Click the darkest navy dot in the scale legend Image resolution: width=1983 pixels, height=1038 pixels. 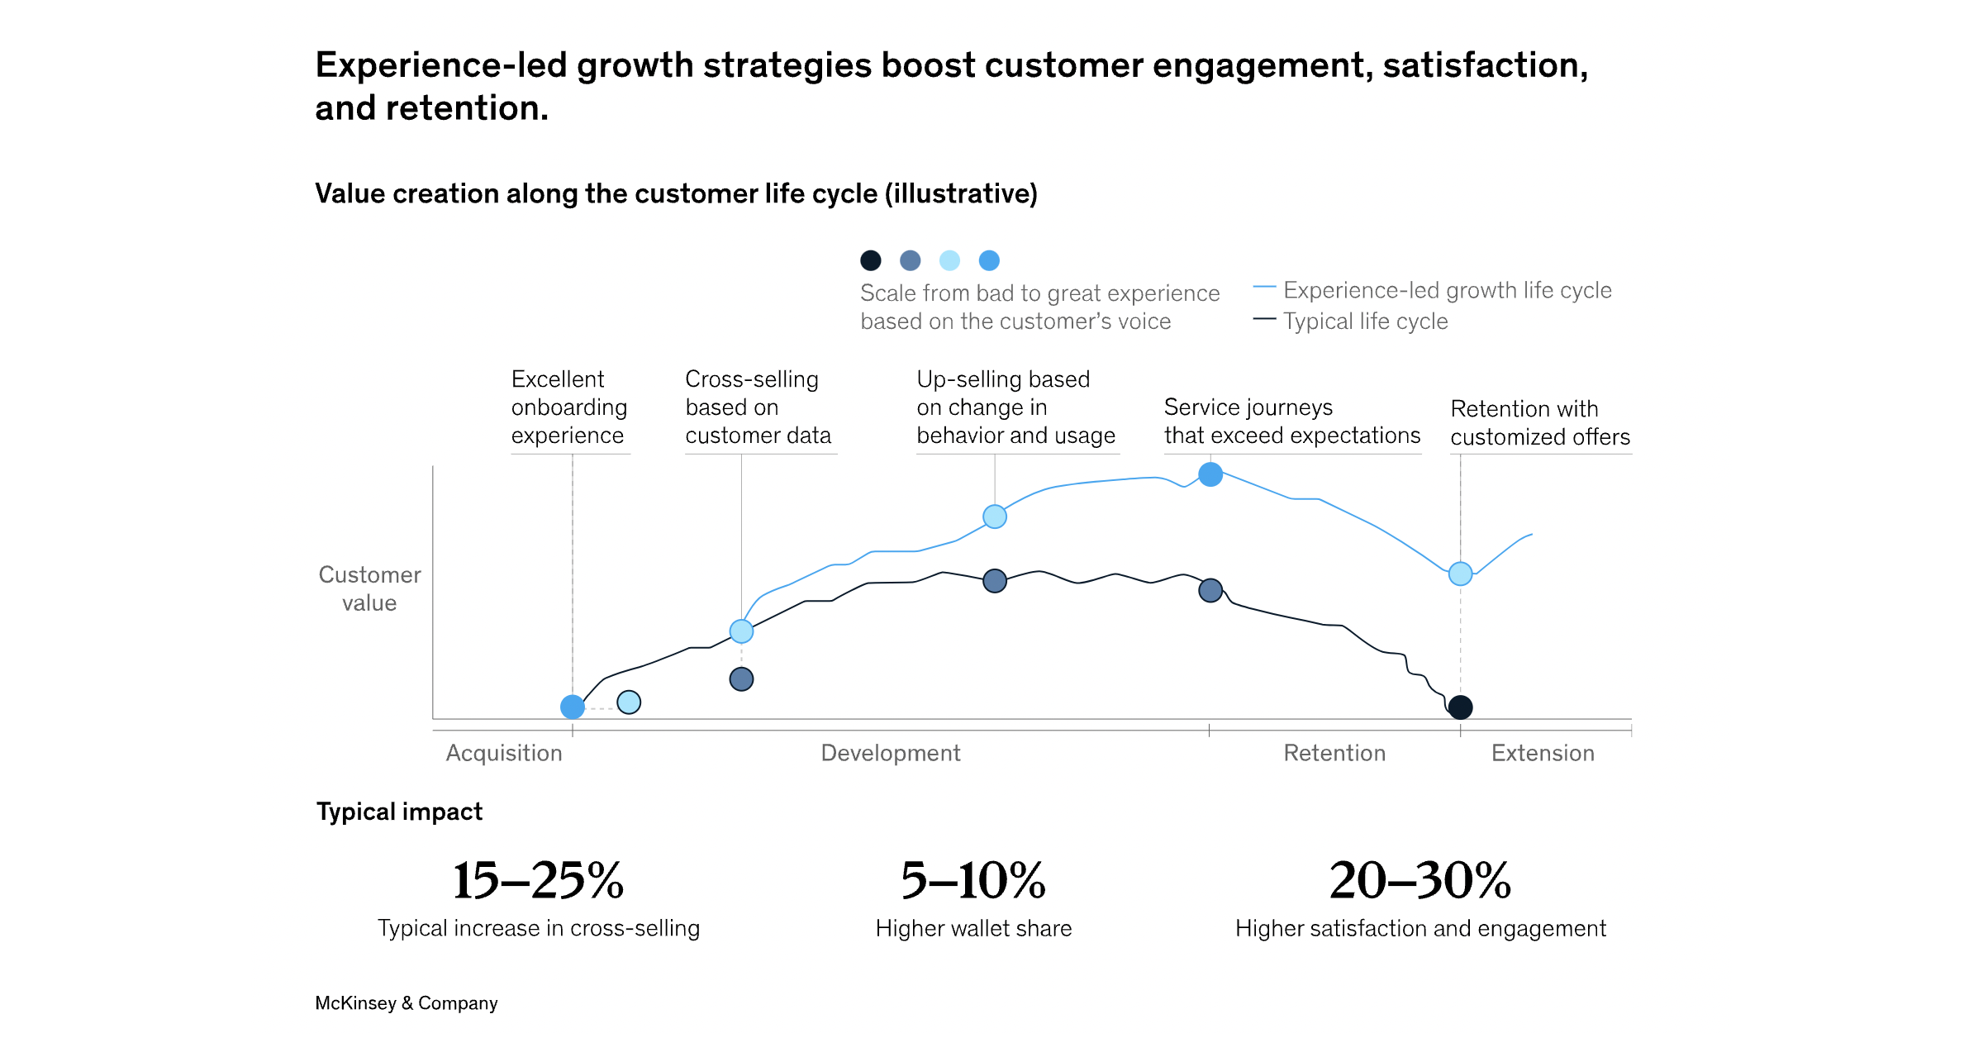(x=870, y=260)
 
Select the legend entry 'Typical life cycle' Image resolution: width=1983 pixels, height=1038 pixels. (x=1365, y=321)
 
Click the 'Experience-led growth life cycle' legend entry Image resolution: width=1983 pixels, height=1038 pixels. (x=1447, y=290)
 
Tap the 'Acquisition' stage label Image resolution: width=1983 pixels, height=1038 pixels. (x=504, y=753)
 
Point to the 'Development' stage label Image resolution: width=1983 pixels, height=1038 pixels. (x=890, y=753)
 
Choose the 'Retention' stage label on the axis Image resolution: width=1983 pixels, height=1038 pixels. (x=1334, y=753)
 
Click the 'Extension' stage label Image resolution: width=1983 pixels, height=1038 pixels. (x=1543, y=753)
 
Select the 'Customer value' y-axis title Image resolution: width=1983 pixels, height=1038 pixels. (x=369, y=588)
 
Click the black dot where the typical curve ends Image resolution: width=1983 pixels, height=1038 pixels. (x=1461, y=707)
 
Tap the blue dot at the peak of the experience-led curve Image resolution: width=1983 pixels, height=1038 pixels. (x=1210, y=474)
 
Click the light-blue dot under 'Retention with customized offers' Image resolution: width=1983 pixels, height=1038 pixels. (x=1461, y=574)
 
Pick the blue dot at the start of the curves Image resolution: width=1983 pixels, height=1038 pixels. (x=573, y=707)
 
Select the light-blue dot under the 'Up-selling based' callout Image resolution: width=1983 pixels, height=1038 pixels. (x=995, y=517)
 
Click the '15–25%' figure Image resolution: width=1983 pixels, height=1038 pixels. (x=539, y=880)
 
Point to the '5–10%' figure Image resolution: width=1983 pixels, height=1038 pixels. (x=973, y=880)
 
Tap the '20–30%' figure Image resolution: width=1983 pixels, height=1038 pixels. (x=1420, y=880)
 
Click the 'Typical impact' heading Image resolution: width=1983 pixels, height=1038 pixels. (x=399, y=812)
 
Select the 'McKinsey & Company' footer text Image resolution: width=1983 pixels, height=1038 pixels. (x=406, y=1003)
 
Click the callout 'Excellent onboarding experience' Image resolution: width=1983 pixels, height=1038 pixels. (x=568, y=407)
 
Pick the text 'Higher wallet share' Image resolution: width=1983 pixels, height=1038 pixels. (x=973, y=929)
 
